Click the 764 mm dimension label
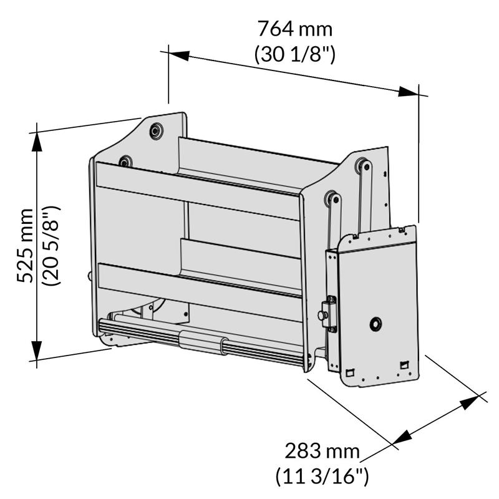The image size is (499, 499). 295,29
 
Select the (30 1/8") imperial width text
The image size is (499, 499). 294,54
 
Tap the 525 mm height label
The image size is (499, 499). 25,245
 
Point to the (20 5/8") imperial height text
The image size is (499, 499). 51,245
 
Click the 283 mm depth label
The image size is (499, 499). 322,451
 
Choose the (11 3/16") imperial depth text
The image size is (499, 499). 322,477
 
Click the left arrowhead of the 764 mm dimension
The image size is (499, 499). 179,56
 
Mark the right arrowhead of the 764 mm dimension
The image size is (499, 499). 409,92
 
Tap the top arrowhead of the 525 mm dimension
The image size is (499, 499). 37,142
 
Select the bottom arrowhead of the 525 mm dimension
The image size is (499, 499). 37,351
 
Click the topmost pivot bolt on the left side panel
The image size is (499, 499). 157,131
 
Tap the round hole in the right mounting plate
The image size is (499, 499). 375,324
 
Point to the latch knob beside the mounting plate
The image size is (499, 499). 322,315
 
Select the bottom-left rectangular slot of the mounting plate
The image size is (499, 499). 350,372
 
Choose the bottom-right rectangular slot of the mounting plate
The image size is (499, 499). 404,364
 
